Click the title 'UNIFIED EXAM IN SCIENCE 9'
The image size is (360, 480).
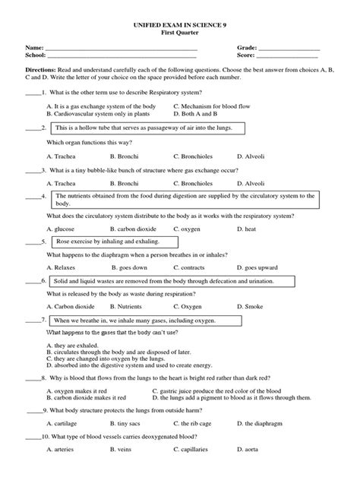pos(179,27)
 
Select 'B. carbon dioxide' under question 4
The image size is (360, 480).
pos(137,228)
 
